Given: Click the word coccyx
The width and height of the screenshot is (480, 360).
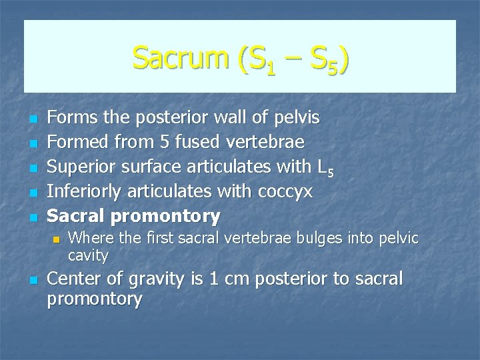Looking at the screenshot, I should pos(288,192).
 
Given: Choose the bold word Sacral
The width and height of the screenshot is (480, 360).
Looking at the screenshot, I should pos(77,216).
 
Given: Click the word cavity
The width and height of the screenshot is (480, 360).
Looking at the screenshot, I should pos(88,255).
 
